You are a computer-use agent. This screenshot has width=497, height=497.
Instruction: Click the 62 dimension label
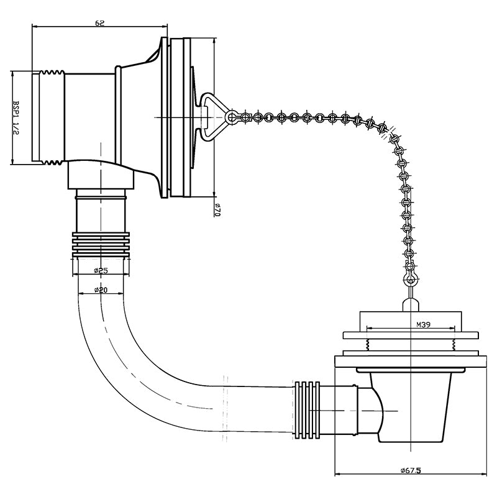[x=99, y=23]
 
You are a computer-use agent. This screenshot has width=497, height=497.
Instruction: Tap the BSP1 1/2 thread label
[x=16, y=117]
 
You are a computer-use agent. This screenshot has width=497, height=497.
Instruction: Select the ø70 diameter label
[x=217, y=210]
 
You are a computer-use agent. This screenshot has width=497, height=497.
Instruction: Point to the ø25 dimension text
[x=101, y=270]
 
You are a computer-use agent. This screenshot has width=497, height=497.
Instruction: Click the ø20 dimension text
[x=101, y=290]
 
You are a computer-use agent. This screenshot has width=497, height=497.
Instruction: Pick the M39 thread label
[x=423, y=324]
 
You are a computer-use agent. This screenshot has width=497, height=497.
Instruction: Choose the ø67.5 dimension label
[x=411, y=471]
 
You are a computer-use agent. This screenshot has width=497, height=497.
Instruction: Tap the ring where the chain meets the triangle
[x=231, y=117]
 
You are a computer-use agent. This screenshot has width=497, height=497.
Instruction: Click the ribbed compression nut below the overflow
[x=101, y=245]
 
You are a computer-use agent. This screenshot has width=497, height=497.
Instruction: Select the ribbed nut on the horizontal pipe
[x=308, y=410]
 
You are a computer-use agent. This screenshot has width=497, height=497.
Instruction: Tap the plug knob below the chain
[x=411, y=305]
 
